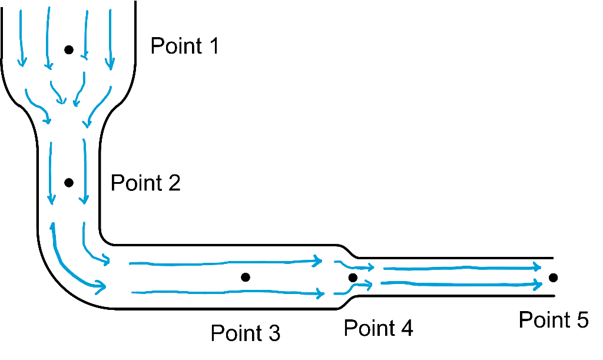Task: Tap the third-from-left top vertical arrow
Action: pyautogui.click(x=86, y=35)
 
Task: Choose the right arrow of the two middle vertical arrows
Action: pyautogui.click(x=84, y=171)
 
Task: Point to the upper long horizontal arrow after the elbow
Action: pyautogui.click(x=224, y=263)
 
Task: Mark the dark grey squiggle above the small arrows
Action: pyautogui.click(x=347, y=252)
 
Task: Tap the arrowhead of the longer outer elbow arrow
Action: pyautogui.click(x=101, y=287)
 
